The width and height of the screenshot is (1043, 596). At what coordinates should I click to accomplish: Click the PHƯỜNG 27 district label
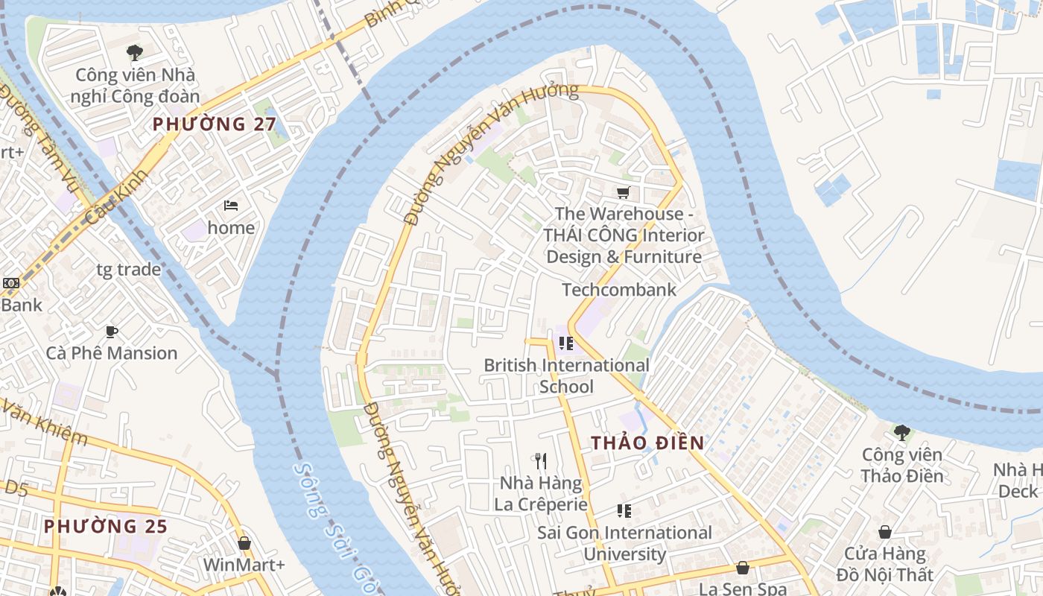(x=215, y=124)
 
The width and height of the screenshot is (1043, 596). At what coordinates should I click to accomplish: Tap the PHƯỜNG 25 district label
(x=105, y=526)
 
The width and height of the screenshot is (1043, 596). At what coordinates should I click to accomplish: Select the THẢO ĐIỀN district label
(x=647, y=443)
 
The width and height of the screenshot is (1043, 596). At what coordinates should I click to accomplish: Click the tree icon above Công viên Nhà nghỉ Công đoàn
(x=135, y=53)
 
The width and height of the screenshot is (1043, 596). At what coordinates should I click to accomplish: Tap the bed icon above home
(x=231, y=205)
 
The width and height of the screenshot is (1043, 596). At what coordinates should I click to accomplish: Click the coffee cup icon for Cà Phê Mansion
(x=112, y=332)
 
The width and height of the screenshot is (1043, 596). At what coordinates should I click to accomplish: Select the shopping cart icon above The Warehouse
(x=624, y=192)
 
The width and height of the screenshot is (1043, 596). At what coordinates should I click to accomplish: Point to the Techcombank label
(x=618, y=290)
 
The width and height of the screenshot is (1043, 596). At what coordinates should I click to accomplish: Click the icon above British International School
(x=565, y=343)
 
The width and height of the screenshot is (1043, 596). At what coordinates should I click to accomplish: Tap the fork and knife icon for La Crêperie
(x=541, y=461)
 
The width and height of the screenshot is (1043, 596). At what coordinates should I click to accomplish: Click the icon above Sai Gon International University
(x=624, y=511)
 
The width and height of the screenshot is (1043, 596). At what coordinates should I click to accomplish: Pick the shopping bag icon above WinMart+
(x=244, y=543)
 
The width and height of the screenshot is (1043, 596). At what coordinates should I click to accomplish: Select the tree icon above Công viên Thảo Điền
(x=901, y=432)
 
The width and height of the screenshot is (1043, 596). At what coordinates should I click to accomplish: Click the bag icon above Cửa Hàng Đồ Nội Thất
(x=884, y=532)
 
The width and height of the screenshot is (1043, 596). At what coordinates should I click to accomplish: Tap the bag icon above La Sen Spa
(x=742, y=568)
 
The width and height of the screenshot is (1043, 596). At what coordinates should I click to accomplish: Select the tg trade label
(x=128, y=270)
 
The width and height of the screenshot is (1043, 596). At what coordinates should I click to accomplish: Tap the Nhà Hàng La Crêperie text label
(x=541, y=493)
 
